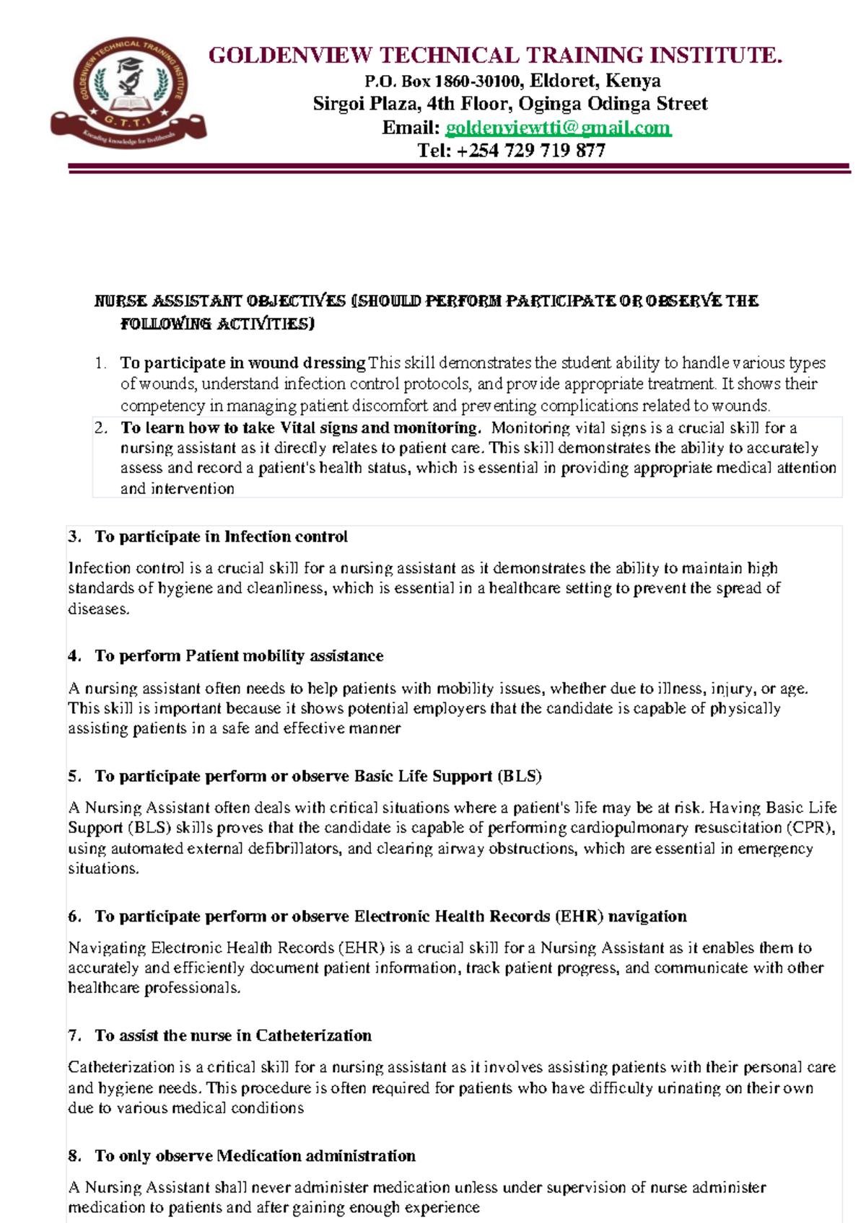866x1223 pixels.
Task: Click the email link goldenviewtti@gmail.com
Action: (558, 128)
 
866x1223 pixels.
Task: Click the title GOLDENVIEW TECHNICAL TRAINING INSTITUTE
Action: (495, 56)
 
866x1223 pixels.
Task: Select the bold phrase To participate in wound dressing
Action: (242, 363)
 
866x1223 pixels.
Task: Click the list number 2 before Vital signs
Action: (100, 428)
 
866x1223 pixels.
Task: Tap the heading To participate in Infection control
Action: (221, 537)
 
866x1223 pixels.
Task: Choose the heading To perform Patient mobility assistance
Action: (239, 656)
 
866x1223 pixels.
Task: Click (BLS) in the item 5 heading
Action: (519, 777)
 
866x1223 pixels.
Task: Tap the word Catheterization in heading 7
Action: (313, 1036)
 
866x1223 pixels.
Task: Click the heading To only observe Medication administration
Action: (255, 1156)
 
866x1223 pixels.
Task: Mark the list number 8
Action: (74, 1156)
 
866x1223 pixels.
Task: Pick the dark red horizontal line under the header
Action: (459, 168)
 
